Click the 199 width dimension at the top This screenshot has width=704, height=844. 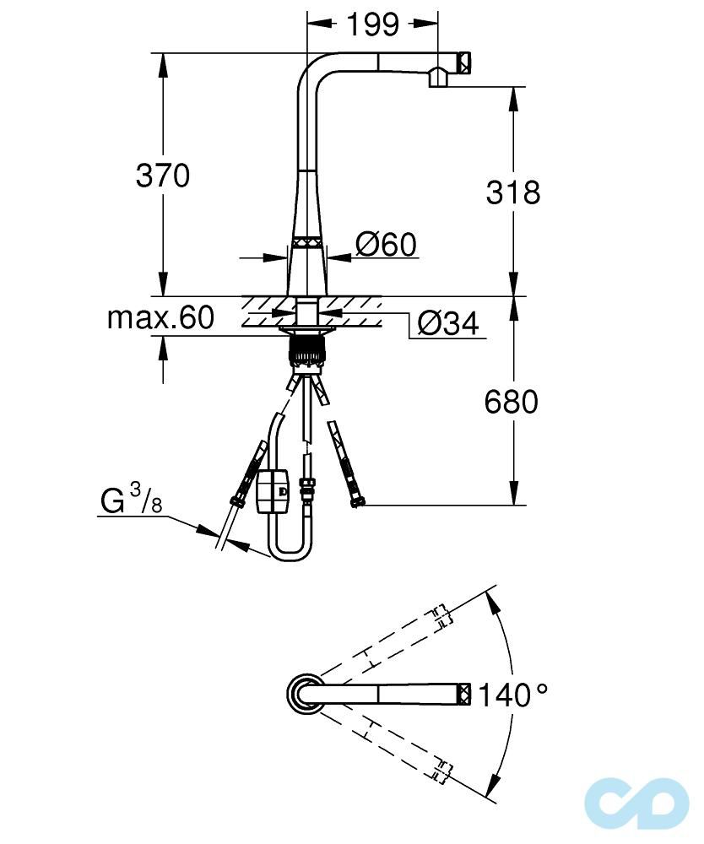point(373,24)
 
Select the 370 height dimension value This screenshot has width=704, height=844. point(163,176)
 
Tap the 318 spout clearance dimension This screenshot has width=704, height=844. point(513,192)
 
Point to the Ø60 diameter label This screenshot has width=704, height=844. point(387,245)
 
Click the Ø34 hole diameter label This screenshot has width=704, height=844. point(447,323)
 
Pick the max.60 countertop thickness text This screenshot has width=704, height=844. point(160,317)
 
